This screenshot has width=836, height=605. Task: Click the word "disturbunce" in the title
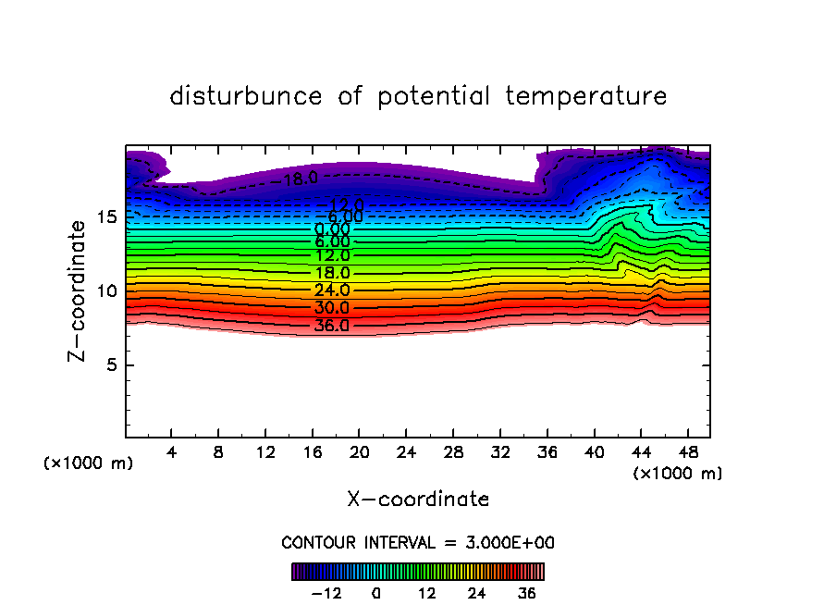click(246, 96)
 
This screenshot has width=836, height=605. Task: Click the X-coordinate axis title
click(418, 500)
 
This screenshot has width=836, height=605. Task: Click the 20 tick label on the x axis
click(359, 452)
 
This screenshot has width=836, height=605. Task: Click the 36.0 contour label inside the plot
click(332, 326)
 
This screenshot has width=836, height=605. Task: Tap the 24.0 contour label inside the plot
click(332, 290)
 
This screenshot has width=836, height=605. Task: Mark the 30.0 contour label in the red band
click(332, 308)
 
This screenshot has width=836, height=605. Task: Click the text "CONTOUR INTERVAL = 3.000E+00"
click(418, 543)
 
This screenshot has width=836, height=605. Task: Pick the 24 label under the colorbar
click(477, 593)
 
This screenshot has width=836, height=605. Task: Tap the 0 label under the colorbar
click(376, 593)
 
